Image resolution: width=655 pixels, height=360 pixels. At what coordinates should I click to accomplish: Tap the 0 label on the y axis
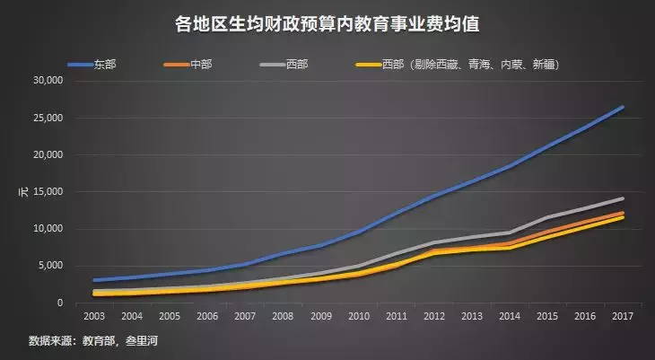(x=59, y=303)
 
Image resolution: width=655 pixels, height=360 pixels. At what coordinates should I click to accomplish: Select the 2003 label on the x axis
(x=94, y=317)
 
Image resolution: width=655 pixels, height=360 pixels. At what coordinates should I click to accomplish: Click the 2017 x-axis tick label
(x=620, y=317)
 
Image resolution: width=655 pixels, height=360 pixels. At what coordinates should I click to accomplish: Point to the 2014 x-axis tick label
(x=507, y=317)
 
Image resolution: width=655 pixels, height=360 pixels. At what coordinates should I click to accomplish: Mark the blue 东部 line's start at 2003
(x=94, y=280)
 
